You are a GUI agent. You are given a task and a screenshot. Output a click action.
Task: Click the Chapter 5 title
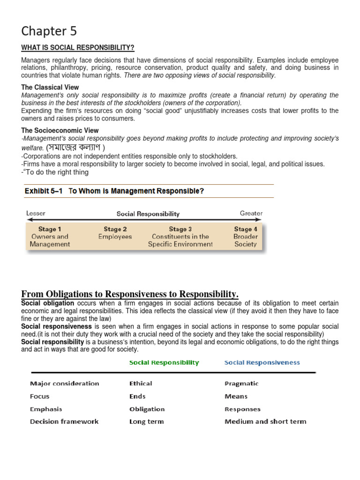click(49, 31)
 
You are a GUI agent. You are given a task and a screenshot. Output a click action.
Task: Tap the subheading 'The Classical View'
click(50, 87)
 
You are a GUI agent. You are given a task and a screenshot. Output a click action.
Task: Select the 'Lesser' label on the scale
click(36, 213)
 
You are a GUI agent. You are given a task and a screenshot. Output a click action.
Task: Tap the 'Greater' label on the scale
click(251, 213)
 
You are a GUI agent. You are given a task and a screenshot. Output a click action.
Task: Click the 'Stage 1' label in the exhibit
click(50, 229)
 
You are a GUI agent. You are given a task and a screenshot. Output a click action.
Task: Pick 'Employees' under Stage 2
click(115, 237)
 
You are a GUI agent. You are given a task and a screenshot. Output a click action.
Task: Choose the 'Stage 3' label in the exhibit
click(180, 229)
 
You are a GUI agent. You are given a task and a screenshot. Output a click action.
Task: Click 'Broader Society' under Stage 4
click(246, 240)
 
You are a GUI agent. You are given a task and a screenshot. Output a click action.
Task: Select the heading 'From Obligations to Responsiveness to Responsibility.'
click(130, 294)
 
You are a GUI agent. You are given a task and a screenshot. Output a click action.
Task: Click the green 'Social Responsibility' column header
click(164, 362)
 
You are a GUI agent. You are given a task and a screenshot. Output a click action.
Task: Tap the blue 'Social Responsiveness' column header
click(262, 362)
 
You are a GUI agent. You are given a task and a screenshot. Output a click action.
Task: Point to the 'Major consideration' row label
click(65, 383)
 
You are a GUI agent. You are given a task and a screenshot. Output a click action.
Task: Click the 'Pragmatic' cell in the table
click(241, 383)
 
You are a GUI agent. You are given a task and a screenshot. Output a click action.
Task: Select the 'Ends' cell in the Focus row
click(137, 396)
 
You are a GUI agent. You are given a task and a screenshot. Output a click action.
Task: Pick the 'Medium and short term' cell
click(265, 421)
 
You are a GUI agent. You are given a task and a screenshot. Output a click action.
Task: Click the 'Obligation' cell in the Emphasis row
click(147, 409)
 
